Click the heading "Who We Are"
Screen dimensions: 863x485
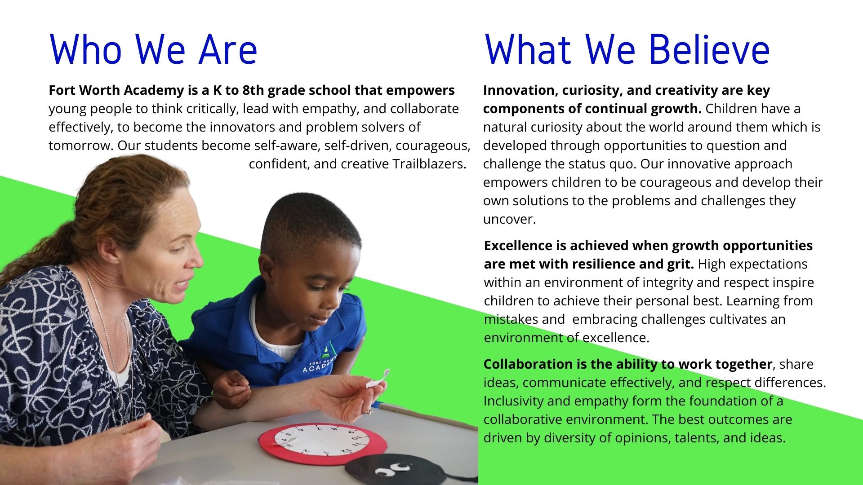coord(153,49)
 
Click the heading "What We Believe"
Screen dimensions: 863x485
coord(627,49)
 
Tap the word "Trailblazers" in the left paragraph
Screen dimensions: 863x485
coord(429,164)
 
